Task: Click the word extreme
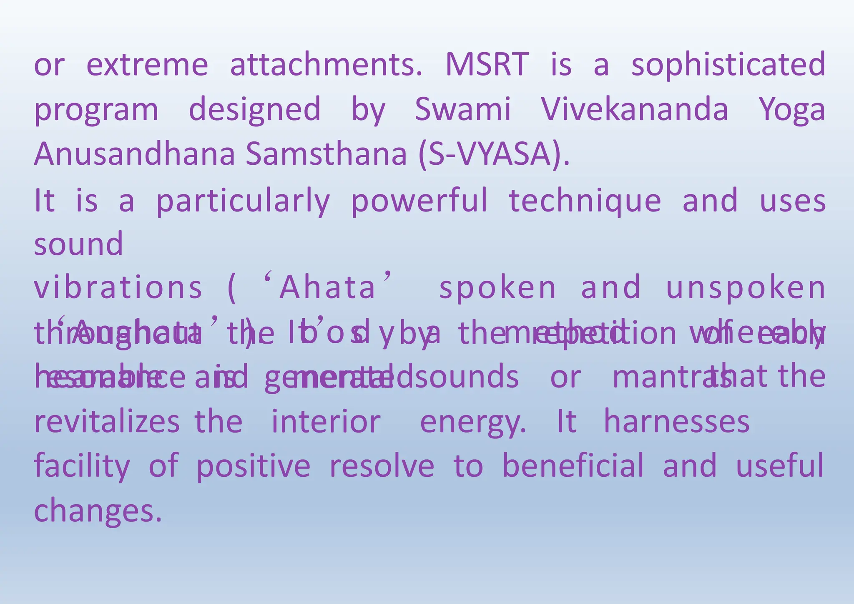pos(147,65)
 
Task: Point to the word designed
pos(255,110)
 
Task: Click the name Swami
pos(462,109)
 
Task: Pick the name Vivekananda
pos(635,109)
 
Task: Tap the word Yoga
pos(791,110)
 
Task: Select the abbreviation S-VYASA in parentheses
pos(494,154)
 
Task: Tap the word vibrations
pos(118,287)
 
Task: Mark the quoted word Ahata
pos(327,287)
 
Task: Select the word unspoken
pos(746,287)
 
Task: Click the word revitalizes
pos(107,422)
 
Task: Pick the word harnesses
pos(676,422)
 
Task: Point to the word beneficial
pos(573,466)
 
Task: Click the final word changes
pos(98,511)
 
